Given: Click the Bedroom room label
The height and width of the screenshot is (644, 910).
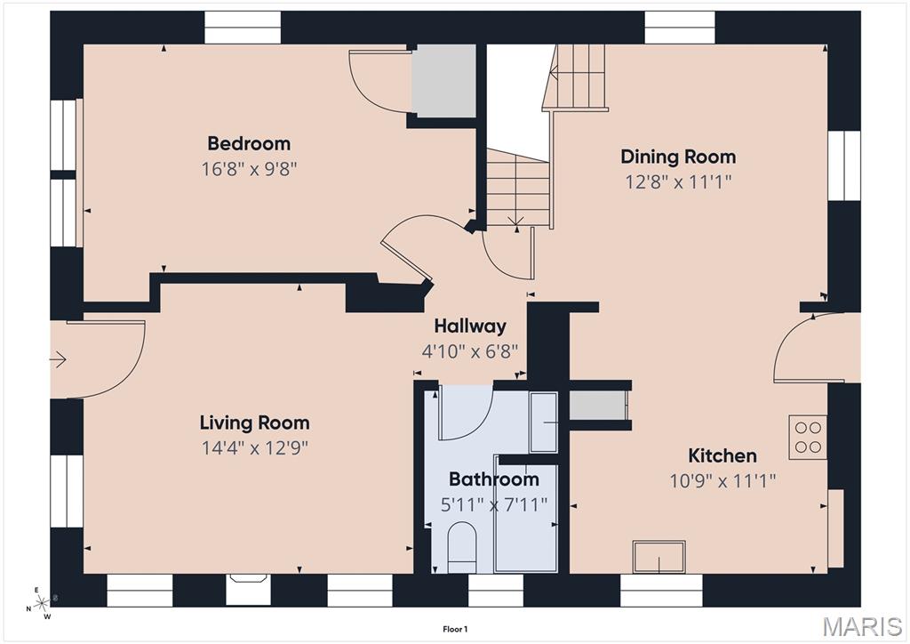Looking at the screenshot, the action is tap(249, 143).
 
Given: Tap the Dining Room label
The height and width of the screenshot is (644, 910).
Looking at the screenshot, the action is tap(678, 157).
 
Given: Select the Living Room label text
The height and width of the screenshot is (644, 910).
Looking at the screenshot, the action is tap(254, 423).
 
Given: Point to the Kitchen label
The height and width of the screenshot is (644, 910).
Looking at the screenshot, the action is tap(722, 455).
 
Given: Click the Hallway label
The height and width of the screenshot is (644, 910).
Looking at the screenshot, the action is tap(470, 326).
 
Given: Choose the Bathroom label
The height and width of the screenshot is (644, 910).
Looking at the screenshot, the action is tap(494, 479).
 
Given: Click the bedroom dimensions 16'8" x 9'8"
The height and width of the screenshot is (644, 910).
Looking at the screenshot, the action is tap(249, 169).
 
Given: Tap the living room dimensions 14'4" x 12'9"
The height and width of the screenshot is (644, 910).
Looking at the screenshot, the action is tap(254, 447).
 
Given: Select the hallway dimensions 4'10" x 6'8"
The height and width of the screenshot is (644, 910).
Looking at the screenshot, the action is tap(470, 351).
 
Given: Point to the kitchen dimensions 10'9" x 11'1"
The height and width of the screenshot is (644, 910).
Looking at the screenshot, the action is tap(722, 481).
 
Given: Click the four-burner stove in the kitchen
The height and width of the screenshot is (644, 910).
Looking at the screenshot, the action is tap(807, 437).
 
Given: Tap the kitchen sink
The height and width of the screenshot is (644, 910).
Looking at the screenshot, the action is tap(659, 557).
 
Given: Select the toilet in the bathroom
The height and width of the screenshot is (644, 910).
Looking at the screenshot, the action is tap(462, 547).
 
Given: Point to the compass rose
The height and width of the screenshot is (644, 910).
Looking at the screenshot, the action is tap(41, 604).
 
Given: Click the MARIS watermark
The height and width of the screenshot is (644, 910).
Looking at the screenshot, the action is tap(862, 626).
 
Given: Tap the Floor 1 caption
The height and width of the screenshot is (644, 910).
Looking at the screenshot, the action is tap(455, 629).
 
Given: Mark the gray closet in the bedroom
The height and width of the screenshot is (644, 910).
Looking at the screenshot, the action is tap(443, 81).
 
